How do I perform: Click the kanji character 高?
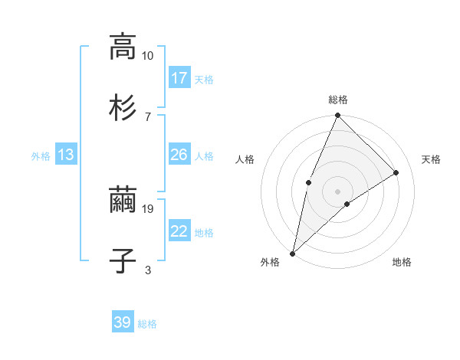pos(123,47)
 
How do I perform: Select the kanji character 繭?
pos(123,201)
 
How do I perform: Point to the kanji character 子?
pos(123,260)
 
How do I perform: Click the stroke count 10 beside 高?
pos(148,56)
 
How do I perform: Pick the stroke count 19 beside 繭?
pos(148,208)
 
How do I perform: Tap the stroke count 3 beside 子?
pos(148,269)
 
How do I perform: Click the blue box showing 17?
pos(179,78)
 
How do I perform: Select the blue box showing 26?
pos(179,155)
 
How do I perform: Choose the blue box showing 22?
pos(179,231)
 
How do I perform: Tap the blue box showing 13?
pos(66,155)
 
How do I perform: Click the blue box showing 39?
pos(123,322)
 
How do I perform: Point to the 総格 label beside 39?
pos(147,324)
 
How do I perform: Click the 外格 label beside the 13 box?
pos(41,156)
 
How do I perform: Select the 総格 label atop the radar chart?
pos(337,100)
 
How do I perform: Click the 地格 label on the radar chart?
pos(402,263)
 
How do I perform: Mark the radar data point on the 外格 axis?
pos(292,253)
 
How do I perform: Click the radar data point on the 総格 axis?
pos(337,116)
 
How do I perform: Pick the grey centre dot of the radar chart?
pos(337,191)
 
